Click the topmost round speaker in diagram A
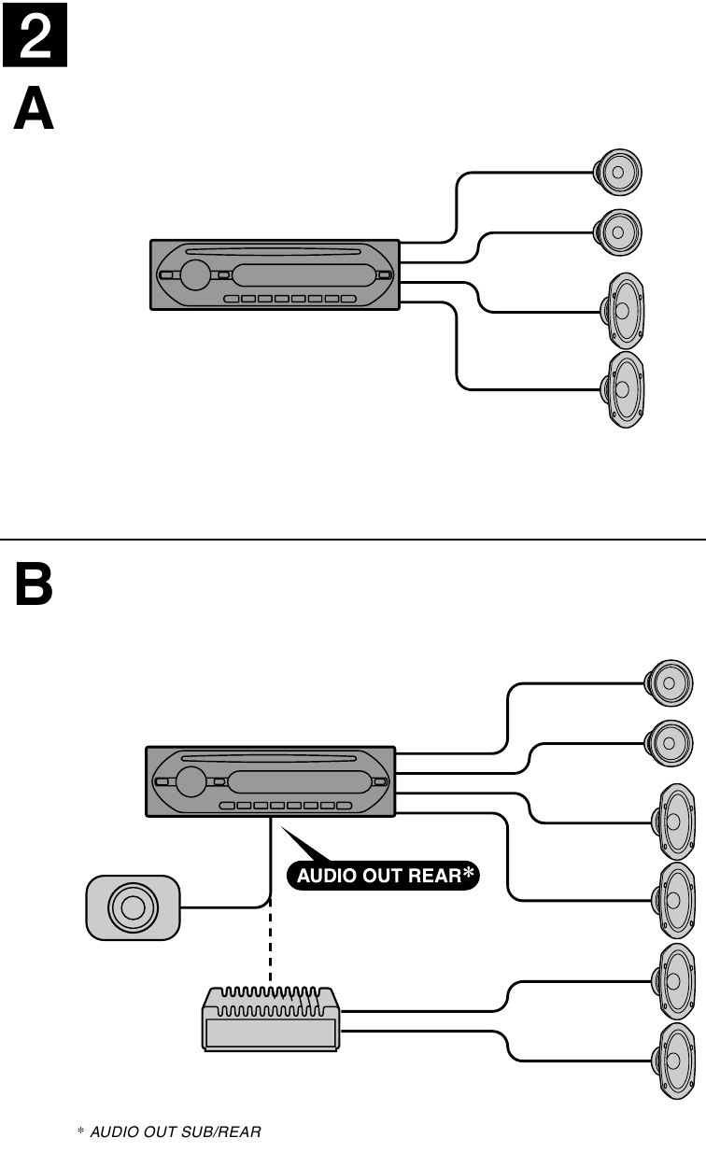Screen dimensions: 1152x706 pos(617,173)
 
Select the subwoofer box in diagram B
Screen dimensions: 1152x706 pos(132,906)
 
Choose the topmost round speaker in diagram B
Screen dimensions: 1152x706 pos(670,683)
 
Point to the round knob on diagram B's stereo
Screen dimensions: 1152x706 pos(191,780)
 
